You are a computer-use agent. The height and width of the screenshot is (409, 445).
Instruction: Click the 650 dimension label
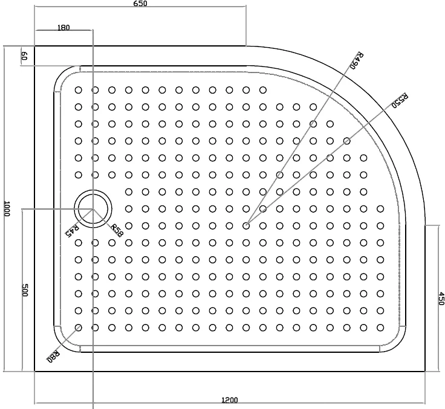pos(140,4)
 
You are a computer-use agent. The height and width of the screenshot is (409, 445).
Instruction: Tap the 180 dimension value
pos(63,28)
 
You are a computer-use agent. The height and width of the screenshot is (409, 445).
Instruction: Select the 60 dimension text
pos(24,56)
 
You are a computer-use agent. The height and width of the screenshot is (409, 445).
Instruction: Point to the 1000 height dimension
pos(7,208)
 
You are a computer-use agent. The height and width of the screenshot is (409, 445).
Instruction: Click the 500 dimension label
pos(25,290)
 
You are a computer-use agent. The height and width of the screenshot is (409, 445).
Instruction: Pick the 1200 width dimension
pos(230,400)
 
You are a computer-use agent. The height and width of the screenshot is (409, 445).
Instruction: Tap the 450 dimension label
pos(441,298)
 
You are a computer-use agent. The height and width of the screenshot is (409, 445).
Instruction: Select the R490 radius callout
pos(356,60)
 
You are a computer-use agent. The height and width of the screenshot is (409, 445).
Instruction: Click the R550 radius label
pos(400,100)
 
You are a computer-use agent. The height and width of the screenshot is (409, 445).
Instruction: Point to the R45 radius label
pos(72,231)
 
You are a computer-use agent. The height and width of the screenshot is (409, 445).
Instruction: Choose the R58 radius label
pos(117,230)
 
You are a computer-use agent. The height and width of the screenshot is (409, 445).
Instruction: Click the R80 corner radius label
pos(53,356)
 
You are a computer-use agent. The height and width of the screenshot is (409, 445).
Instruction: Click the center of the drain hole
pos(93,209)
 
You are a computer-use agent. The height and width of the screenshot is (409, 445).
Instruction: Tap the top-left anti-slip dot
pos(79,90)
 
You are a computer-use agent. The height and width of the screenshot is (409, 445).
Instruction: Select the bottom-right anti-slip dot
pos(380,328)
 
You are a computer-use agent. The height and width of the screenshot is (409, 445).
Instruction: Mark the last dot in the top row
pos(263,90)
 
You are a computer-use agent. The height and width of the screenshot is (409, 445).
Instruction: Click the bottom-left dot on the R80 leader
pos(79,328)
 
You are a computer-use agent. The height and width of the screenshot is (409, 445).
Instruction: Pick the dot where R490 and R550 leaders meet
pos(246,226)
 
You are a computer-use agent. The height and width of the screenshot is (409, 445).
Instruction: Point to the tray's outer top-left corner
pos(34,46)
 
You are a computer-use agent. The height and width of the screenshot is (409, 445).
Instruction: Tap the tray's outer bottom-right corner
pos(425,371)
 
